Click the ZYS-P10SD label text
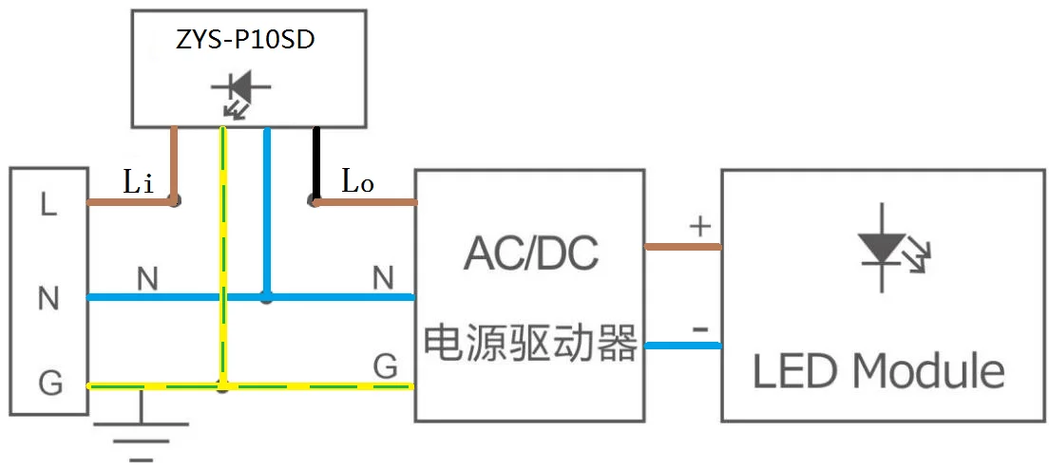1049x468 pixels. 248,43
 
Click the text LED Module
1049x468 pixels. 879,370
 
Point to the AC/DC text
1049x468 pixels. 530,253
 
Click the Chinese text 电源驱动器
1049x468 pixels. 530,343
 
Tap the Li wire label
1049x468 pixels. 138,182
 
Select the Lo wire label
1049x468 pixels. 357,182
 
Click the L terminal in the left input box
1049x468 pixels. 48,205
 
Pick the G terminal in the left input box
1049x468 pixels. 49,384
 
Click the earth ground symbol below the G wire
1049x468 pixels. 142,433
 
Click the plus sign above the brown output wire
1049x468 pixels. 699,226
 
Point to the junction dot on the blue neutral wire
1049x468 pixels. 267,297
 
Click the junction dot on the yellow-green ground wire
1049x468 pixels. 223,386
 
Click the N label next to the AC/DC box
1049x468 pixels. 383,278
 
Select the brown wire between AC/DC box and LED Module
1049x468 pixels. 682,247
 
